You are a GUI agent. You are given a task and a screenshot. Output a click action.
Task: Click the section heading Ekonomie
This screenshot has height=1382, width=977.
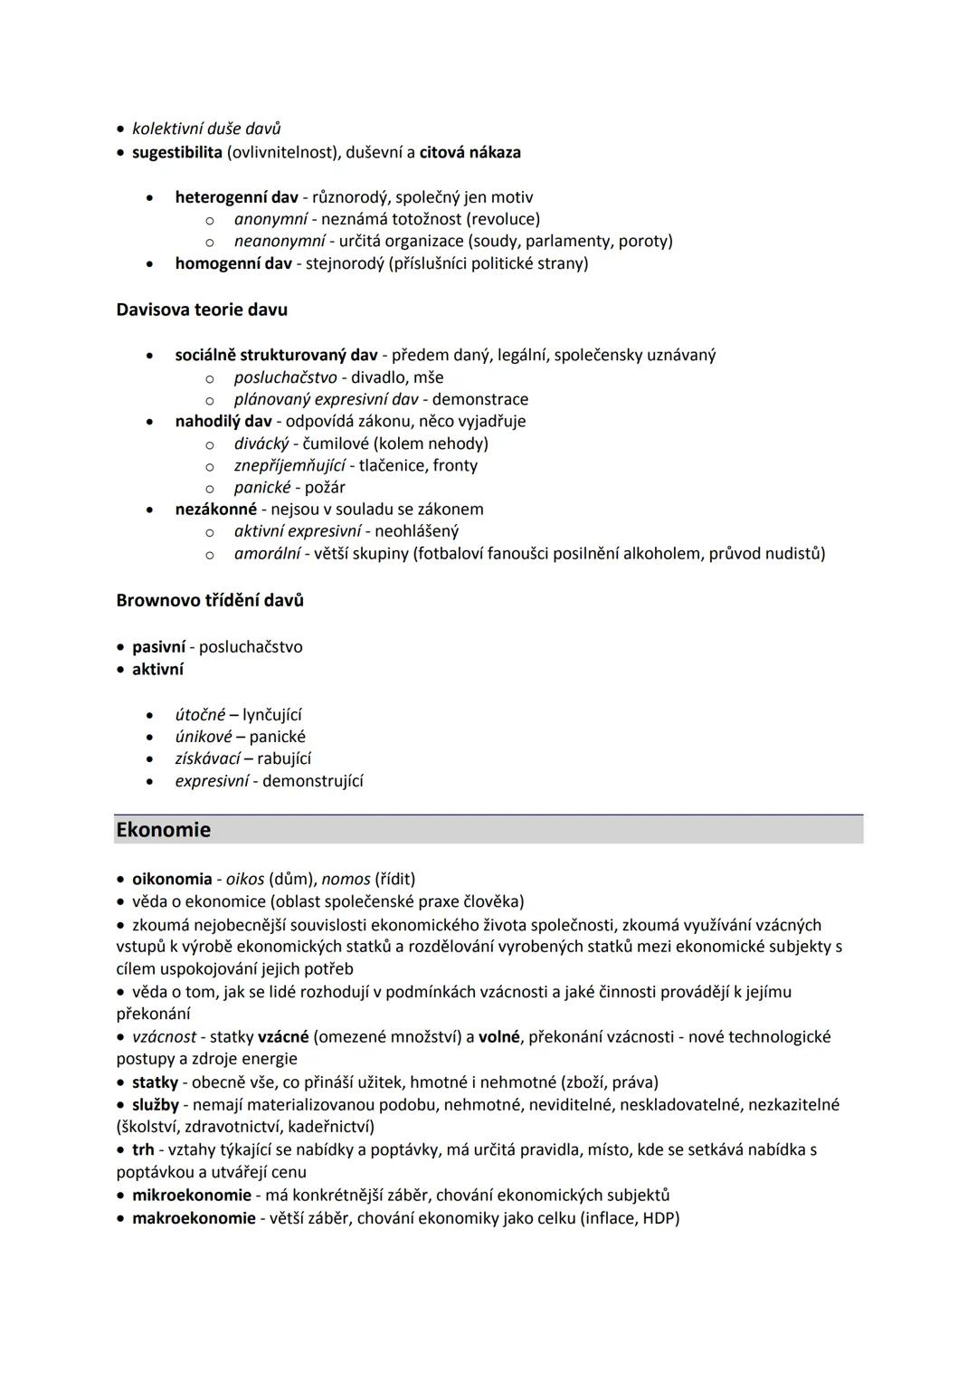[163, 830]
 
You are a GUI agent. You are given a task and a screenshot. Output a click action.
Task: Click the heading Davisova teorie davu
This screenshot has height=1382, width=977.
[202, 310]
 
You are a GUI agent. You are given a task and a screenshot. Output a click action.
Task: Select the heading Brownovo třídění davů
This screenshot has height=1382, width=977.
[210, 600]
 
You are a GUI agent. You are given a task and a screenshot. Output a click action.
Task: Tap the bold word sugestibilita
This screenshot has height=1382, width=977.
[177, 152]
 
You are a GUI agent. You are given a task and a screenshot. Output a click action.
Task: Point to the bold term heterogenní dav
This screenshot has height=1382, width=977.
[236, 197]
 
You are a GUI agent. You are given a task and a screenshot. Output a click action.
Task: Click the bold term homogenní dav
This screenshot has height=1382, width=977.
[233, 263]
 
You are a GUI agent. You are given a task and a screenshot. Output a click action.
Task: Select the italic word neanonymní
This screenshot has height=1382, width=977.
[279, 241]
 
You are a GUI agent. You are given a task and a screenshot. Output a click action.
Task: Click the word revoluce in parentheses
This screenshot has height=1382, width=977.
[502, 219]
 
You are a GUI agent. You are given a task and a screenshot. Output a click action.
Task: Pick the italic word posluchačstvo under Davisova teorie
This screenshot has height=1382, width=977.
[285, 377]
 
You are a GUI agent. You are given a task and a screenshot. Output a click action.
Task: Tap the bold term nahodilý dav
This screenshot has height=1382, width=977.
[223, 421]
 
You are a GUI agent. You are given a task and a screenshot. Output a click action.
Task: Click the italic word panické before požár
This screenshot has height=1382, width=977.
[262, 487]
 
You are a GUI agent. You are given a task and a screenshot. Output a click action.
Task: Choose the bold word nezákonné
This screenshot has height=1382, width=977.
[215, 509]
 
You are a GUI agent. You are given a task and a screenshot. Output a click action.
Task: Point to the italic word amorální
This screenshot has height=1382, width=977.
[267, 553]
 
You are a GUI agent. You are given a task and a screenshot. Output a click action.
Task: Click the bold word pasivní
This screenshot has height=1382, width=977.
[158, 647]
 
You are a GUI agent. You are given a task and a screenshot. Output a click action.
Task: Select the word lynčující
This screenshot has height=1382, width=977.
[272, 715]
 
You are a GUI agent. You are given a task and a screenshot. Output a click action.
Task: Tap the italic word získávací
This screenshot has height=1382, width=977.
[207, 758]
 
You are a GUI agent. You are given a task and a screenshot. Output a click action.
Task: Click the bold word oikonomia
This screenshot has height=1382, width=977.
[172, 879]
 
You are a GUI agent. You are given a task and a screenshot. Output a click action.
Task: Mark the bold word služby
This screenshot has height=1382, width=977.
[156, 1104]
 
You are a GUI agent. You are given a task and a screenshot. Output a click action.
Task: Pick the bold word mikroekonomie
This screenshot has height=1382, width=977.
[192, 1195]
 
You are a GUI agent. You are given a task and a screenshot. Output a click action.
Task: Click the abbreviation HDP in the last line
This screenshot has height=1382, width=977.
[658, 1218]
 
